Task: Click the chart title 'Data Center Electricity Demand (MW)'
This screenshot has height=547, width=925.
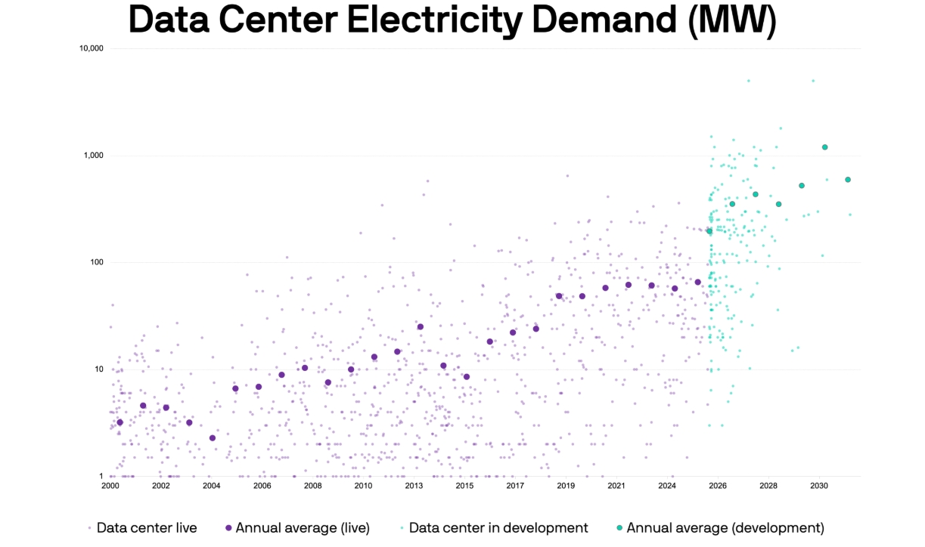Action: tap(452, 20)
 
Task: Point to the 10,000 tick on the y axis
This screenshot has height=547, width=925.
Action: tap(91, 48)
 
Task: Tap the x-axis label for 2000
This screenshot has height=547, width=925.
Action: tap(110, 486)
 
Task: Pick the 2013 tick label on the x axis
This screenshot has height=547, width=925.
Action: tap(414, 486)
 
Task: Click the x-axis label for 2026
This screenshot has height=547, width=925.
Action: tap(718, 486)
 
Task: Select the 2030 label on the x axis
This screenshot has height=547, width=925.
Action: tap(819, 486)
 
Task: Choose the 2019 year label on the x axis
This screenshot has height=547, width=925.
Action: tap(566, 486)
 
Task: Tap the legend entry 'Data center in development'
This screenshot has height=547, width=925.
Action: tap(498, 528)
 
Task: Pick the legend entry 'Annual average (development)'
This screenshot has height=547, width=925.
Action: tap(725, 528)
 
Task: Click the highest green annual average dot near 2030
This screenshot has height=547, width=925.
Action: tap(825, 147)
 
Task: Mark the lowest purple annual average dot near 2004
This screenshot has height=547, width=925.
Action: tap(213, 438)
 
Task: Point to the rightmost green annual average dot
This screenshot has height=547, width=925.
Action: tap(848, 180)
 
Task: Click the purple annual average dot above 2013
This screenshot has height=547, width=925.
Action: tap(421, 326)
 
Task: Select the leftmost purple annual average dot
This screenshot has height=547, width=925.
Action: tap(120, 422)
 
